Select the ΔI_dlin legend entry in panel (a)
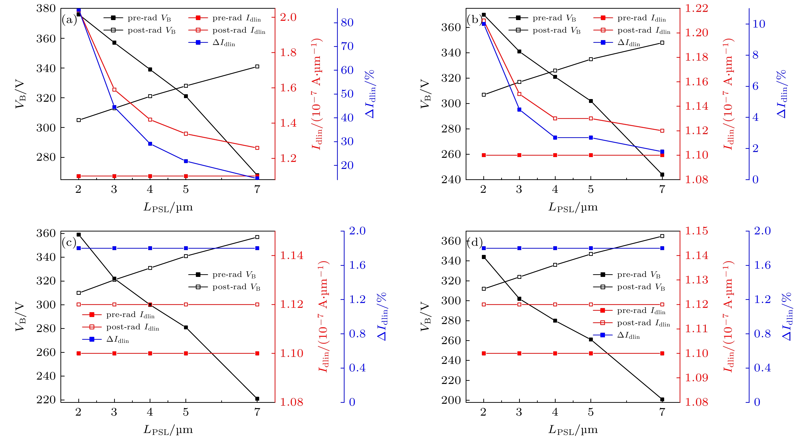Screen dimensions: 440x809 223,43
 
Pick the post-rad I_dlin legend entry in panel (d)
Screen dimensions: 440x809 643,323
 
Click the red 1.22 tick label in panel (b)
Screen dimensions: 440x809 696,9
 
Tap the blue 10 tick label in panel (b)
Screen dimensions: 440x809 758,24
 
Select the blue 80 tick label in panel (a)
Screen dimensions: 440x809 347,23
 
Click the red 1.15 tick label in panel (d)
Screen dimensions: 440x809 696,231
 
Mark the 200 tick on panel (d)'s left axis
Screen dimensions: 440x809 451,400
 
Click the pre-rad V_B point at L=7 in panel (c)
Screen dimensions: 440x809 257,399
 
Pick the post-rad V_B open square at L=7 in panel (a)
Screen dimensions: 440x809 257,66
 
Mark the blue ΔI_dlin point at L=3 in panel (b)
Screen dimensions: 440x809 519,109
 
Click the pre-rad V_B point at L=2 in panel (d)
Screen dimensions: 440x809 484,257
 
